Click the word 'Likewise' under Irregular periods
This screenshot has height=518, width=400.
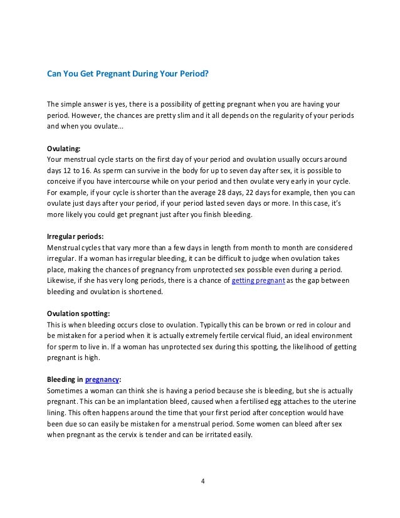tap(63, 281)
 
